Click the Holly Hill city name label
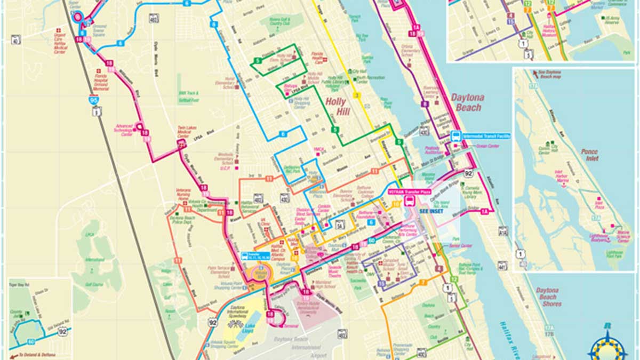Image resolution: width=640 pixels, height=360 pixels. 334,107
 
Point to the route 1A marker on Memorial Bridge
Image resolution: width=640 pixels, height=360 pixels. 484,212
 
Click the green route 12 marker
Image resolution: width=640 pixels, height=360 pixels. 454,279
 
